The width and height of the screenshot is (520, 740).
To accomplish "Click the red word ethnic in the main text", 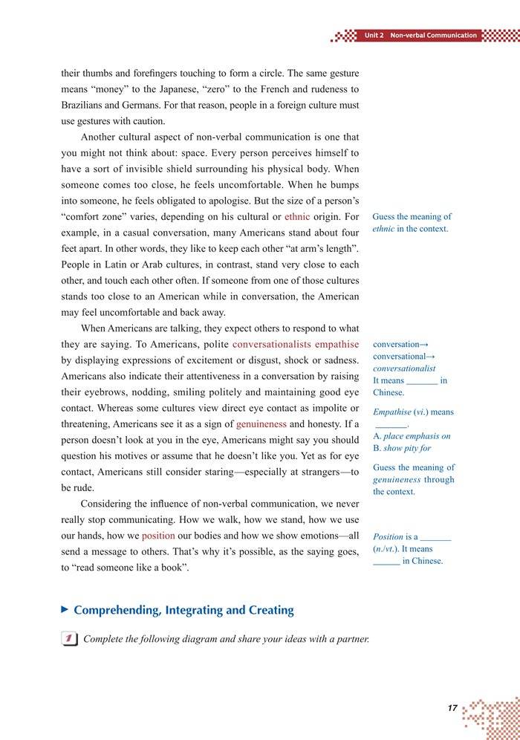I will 297,217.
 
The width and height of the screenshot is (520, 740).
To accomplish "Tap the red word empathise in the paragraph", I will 337,345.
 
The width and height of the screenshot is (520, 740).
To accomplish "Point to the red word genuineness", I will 261,424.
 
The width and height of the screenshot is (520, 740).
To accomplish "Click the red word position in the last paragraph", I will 158,536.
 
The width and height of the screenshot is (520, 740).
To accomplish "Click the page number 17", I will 452,708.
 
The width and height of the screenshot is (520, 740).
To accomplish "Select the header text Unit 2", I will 374,36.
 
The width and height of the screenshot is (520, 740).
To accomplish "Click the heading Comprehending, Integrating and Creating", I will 183,610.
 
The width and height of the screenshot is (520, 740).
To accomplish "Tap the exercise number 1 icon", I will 69,639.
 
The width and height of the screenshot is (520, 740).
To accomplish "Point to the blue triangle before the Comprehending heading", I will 65,609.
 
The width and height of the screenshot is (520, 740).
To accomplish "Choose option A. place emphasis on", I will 412,436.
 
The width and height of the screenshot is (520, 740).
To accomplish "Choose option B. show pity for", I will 402,448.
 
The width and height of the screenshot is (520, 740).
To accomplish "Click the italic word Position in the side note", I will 388,536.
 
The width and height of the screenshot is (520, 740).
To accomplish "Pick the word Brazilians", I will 87,106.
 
